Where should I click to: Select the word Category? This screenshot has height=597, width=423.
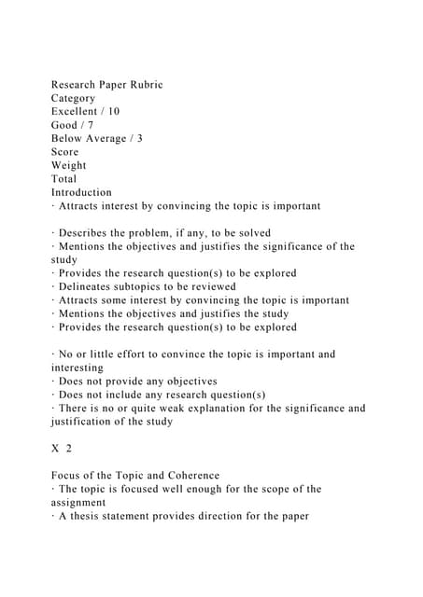(x=74, y=98)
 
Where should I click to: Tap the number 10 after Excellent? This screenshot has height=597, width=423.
(x=113, y=111)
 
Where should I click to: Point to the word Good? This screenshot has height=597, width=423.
(x=67, y=125)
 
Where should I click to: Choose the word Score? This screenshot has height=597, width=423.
(x=65, y=152)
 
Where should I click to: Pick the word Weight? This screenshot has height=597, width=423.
(x=70, y=165)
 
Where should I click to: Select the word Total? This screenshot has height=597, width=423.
(x=64, y=179)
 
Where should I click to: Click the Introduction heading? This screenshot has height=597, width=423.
(x=81, y=192)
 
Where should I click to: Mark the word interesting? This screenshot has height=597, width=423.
(x=78, y=368)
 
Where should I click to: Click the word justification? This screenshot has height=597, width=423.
(x=88, y=422)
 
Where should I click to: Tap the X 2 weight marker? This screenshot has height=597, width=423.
(x=62, y=449)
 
